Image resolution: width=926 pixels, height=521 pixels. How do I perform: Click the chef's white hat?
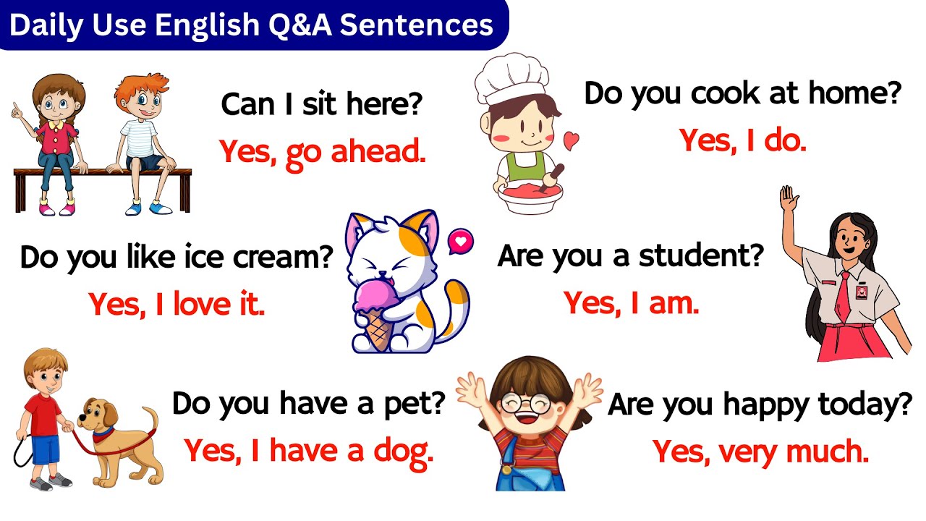511,78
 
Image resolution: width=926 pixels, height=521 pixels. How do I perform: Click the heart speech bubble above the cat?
459,240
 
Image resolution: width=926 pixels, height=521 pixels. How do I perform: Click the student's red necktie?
843,297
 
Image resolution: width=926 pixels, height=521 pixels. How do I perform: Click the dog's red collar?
103,434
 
